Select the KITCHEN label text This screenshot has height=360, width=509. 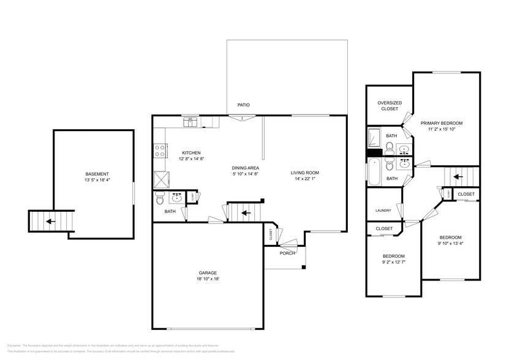click(x=191, y=153)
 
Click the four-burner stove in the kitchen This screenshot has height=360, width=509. click(x=161, y=150)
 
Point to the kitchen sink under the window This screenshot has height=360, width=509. click(x=191, y=122)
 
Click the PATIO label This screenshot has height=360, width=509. click(x=244, y=105)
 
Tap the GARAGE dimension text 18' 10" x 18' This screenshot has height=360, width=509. click(x=207, y=279)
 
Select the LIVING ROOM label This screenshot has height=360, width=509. click(x=304, y=173)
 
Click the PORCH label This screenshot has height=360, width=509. click(x=287, y=253)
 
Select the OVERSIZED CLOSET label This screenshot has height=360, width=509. click(x=389, y=106)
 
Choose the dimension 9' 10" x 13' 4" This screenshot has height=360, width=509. click(x=450, y=244)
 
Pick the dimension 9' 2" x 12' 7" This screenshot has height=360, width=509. click(x=393, y=263)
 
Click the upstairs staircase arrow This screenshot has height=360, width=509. click(x=457, y=177)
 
